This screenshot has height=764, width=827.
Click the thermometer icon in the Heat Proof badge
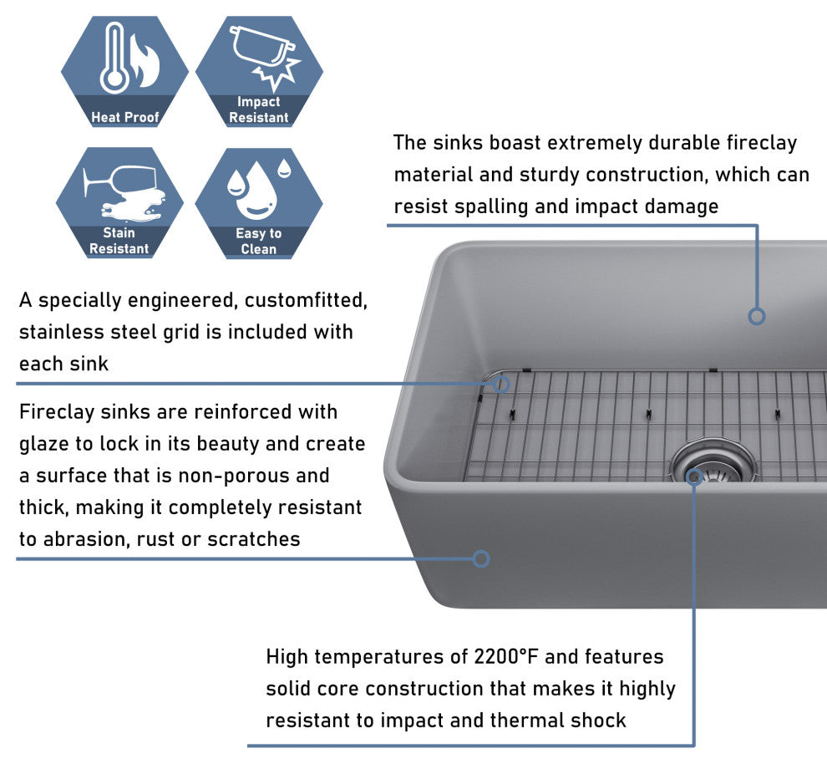point(114,58)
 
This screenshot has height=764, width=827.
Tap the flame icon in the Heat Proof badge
point(145,61)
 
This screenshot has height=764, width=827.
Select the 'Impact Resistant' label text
point(258,110)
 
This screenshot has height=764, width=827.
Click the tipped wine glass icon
point(120,182)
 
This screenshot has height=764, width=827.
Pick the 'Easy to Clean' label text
point(258,241)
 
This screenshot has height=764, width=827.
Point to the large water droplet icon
point(256,191)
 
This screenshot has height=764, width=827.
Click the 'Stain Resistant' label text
point(119,241)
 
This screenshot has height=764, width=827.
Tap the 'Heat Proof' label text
point(125,117)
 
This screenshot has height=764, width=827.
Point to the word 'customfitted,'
point(306,301)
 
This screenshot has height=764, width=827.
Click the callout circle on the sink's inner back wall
point(757,317)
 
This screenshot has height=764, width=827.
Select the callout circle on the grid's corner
point(501,385)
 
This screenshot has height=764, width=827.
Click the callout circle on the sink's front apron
point(481,558)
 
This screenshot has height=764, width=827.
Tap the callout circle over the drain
point(694,477)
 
